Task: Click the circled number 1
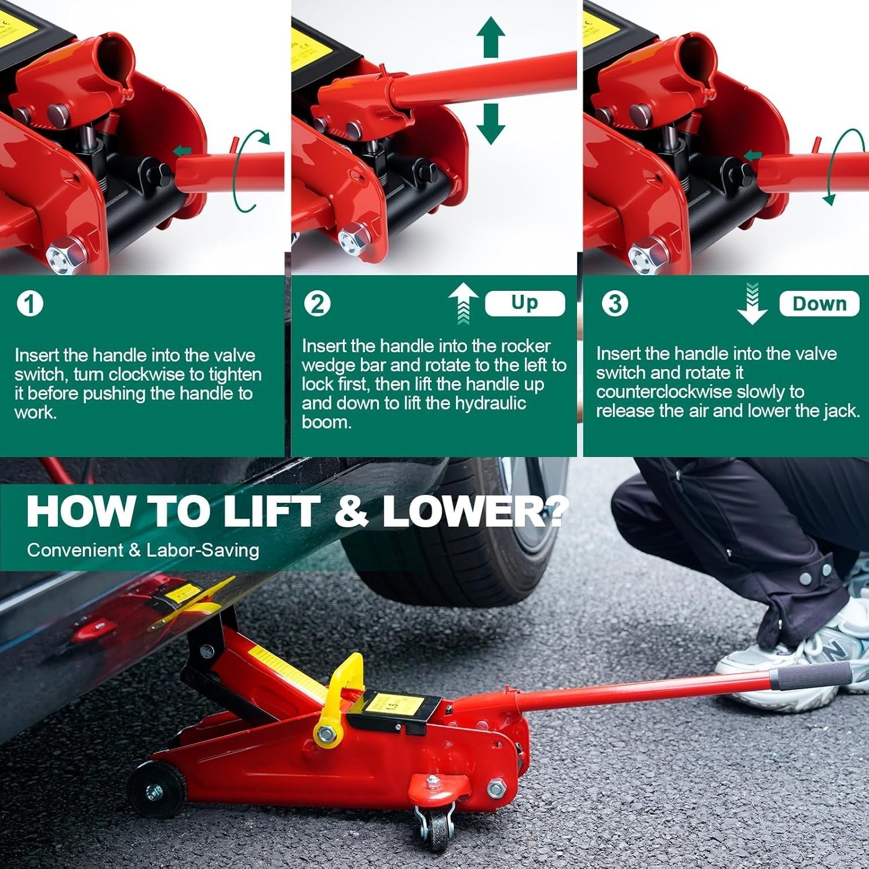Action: [30, 304]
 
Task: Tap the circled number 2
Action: [317, 304]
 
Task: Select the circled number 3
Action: [615, 304]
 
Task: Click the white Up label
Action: [524, 303]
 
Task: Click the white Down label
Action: [819, 304]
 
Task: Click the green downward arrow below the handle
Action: [491, 123]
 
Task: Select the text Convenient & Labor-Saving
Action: [143, 550]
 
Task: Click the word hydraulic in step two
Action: [490, 403]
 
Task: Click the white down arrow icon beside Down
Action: [752, 304]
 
